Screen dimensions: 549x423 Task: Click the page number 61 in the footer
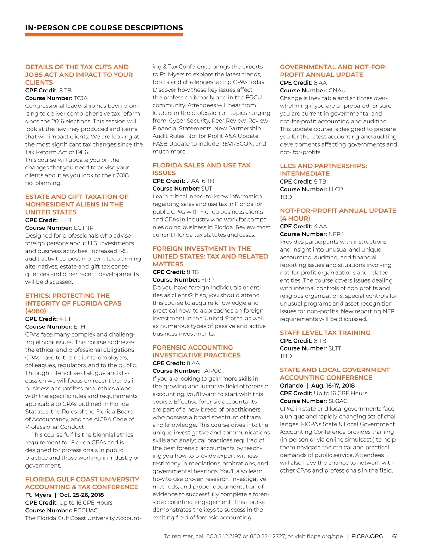pos(395,536)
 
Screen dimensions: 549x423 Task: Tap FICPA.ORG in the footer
pos(367,536)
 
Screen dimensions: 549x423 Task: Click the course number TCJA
pos(81,98)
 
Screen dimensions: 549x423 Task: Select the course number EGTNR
pos(84,228)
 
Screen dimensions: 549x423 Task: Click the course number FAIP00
pos(211,371)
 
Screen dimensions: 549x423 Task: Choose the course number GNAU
pos(337,90)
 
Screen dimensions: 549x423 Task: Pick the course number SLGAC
pos(338,401)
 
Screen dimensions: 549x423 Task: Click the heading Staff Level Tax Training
pos(325,333)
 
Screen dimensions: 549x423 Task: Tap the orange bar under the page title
pos(104,35)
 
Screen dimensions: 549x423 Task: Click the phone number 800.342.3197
pos(223,536)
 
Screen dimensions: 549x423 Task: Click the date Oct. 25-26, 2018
pos(81,495)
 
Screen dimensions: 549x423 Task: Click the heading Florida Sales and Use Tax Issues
pos(201,169)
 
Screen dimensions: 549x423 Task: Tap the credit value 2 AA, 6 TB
pos(200,181)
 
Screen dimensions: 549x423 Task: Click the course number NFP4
pos(336,234)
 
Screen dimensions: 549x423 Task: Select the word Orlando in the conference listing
pos(292,385)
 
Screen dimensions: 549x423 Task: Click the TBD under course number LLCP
pos(286,197)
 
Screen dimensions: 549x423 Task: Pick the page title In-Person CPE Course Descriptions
pos(104,28)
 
